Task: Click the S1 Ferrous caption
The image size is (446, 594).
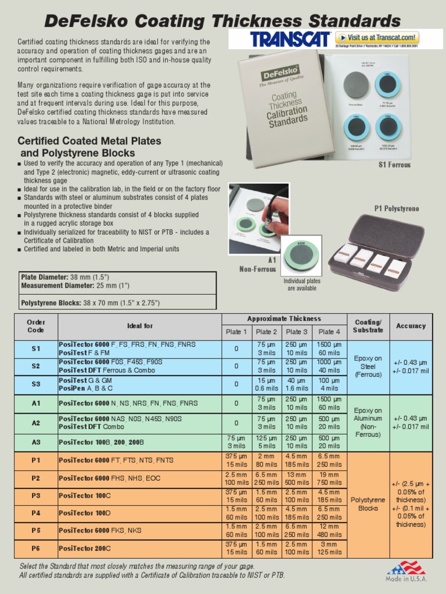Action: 394,165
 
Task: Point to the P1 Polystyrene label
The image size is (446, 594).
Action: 397,208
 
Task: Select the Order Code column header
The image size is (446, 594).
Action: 36,326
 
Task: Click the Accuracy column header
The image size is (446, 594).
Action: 411,326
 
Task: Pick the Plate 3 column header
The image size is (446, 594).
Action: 297,332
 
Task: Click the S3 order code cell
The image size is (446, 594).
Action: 36,384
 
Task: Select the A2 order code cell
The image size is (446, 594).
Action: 36,423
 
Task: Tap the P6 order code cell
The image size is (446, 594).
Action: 36,548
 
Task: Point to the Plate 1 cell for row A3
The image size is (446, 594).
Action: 236,443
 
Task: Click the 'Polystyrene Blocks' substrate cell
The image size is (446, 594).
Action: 368,504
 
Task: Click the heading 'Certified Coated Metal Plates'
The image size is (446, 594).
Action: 89,141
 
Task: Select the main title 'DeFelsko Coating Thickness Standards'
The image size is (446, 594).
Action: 222,21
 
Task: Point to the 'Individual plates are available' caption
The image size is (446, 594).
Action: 302,284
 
